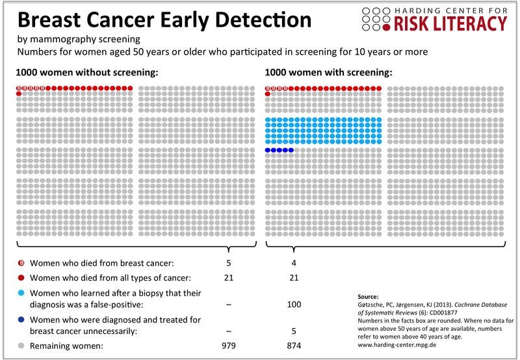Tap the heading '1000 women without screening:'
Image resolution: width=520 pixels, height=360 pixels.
coord(86,72)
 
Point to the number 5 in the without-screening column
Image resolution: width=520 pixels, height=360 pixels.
coord(228,264)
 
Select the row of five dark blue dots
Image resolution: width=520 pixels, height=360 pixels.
coord(279,150)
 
